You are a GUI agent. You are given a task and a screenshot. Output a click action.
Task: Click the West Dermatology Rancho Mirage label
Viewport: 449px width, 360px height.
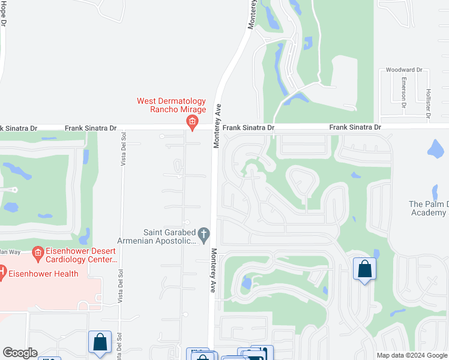point(171,105)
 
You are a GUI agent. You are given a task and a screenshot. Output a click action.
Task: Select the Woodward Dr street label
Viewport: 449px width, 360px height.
point(404,70)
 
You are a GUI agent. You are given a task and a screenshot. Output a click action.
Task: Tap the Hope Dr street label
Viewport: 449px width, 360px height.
point(4,13)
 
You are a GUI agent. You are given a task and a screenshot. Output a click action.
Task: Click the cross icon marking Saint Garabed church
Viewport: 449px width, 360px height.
point(204,233)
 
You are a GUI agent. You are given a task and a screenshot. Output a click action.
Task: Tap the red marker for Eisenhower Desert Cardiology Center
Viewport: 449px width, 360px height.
point(37,255)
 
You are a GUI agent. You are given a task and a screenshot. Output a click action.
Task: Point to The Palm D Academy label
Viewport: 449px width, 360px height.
point(428,208)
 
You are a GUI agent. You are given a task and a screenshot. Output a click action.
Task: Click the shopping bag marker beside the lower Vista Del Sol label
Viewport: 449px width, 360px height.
point(100,342)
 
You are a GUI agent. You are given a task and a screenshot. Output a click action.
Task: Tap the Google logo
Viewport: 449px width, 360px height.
point(20,353)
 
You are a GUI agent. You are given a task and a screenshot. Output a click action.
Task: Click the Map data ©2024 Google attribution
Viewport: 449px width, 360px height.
point(412,355)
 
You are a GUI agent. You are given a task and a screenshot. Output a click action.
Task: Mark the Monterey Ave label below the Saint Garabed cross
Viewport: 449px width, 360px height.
point(212,270)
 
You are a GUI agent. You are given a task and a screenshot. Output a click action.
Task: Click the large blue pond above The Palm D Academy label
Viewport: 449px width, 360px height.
point(437,148)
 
